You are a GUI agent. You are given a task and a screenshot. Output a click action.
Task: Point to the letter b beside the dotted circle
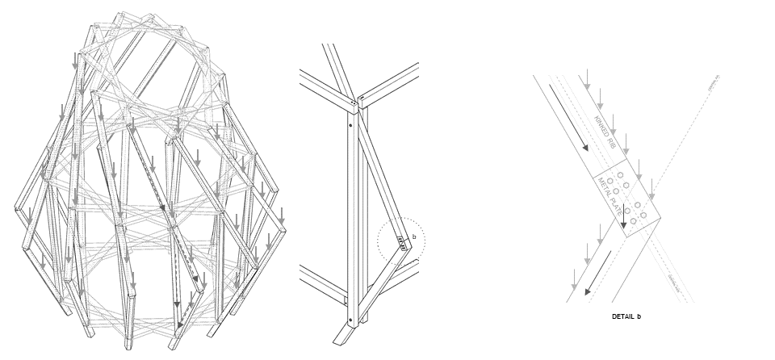(x=414, y=237)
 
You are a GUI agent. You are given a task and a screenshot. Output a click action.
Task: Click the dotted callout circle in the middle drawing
(x=400, y=241)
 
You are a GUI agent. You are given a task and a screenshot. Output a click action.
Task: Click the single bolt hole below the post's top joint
(x=350, y=126)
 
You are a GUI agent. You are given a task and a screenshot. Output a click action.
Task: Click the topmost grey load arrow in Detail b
(x=587, y=78)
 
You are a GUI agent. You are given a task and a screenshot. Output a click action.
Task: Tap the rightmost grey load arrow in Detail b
(x=651, y=190)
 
